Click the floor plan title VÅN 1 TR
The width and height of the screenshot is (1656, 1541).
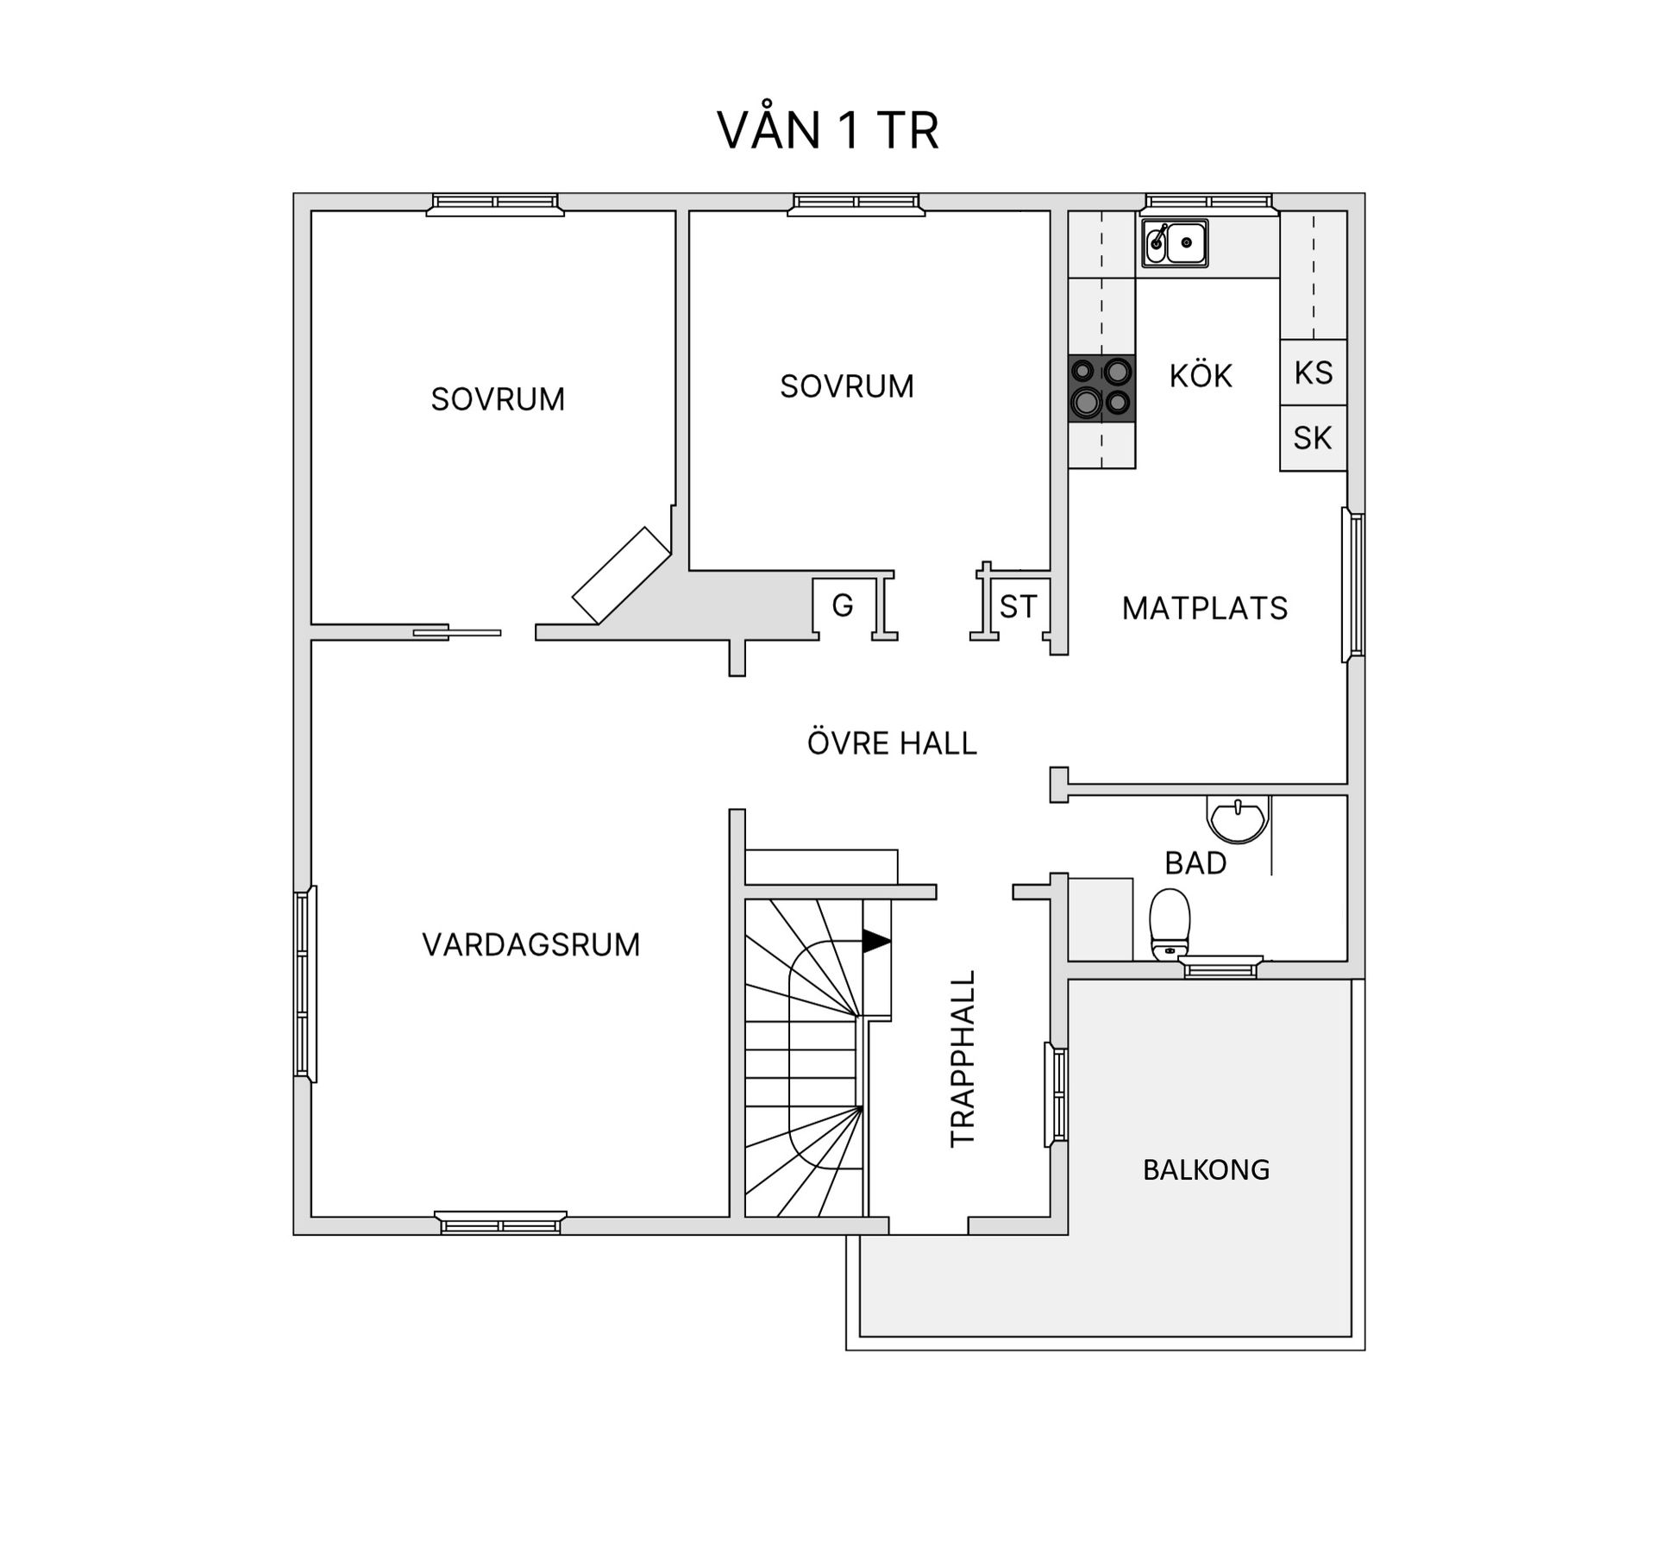[827, 131]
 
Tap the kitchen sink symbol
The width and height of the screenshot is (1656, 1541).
[1175, 243]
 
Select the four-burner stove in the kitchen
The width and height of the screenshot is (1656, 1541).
[1101, 388]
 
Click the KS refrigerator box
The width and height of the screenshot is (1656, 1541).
[1313, 373]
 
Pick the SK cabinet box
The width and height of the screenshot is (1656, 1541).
[1313, 438]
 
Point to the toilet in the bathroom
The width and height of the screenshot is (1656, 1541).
[1170, 925]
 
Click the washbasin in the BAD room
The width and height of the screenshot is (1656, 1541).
[1238, 819]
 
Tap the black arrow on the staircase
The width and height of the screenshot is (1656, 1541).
[875, 941]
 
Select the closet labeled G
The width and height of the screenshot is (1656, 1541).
[843, 606]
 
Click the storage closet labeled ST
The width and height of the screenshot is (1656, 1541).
[1018, 607]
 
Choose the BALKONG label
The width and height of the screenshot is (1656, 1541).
[1206, 1170]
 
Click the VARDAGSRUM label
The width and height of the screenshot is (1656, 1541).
[530, 945]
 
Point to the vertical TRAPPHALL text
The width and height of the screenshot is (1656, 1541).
[963, 1059]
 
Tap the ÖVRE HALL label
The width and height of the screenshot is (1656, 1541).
[892, 743]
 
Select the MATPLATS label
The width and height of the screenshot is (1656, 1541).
[1204, 609]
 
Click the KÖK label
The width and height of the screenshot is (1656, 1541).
[1201, 376]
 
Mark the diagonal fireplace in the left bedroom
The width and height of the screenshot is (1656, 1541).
[621, 575]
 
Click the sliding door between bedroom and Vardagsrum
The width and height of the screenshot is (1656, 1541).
[457, 633]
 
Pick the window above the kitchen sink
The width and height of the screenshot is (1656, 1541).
[1210, 203]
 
